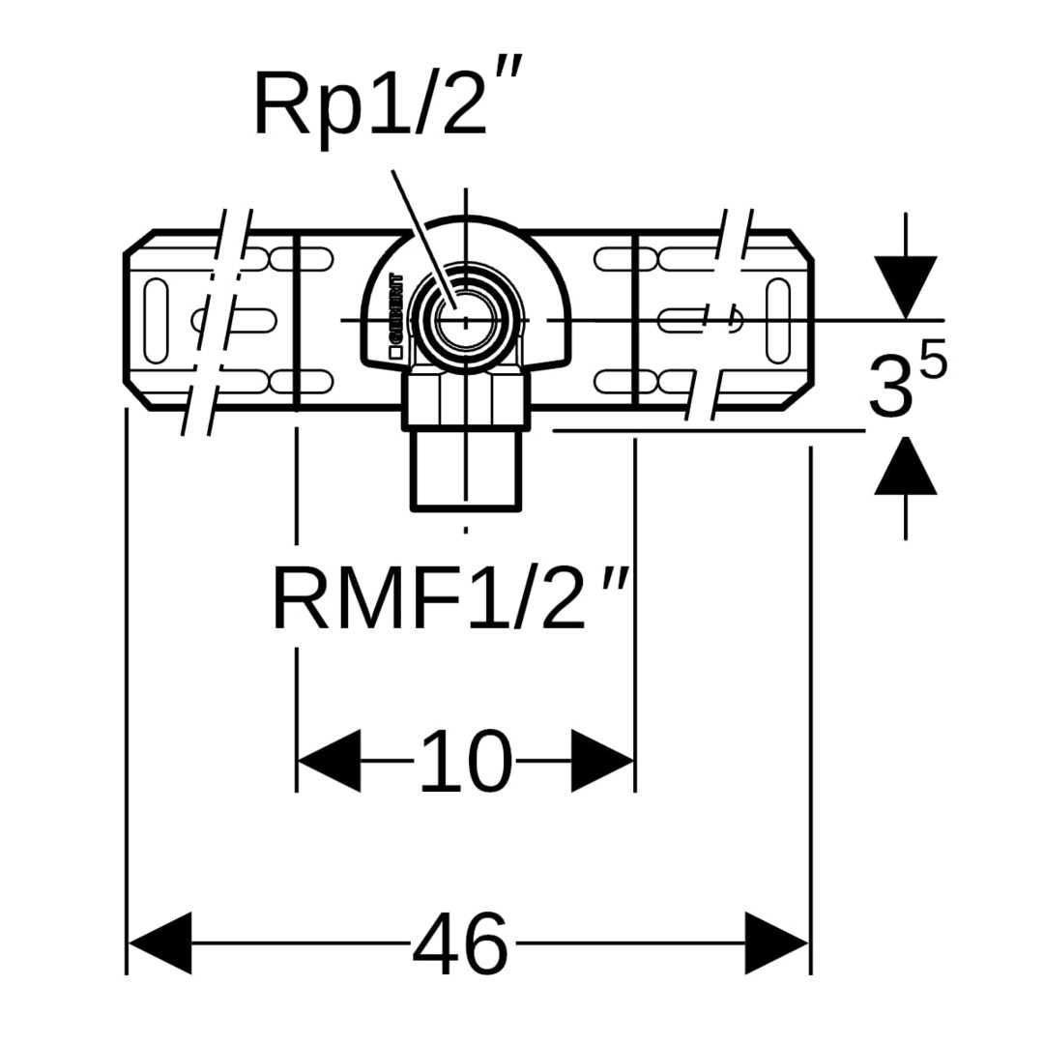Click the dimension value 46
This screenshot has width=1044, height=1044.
(x=461, y=943)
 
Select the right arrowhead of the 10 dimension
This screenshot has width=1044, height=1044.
(x=602, y=762)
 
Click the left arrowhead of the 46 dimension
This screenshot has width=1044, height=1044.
(x=160, y=942)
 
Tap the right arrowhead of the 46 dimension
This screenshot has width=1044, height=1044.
(x=776, y=942)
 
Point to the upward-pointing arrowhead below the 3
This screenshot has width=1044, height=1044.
(x=905, y=466)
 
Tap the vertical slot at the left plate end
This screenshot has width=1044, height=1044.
(x=156, y=320)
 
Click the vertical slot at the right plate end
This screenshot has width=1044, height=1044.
(x=777, y=320)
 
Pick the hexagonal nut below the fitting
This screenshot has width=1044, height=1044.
(x=466, y=399)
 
